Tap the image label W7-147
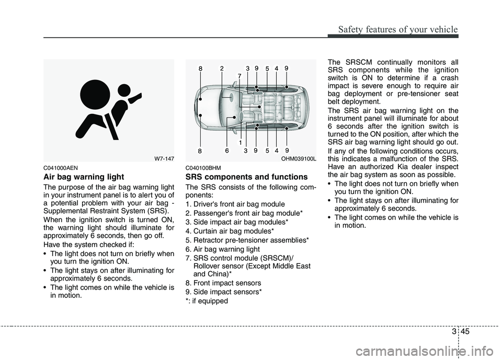tap(163, 157)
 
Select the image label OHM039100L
tap(298, 157)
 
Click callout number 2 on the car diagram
tap(222, 67)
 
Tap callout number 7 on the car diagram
tap(239, 76)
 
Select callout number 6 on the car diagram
tap(227, 151)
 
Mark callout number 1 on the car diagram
tap(239, 142)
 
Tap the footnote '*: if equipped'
tap(207, 301)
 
